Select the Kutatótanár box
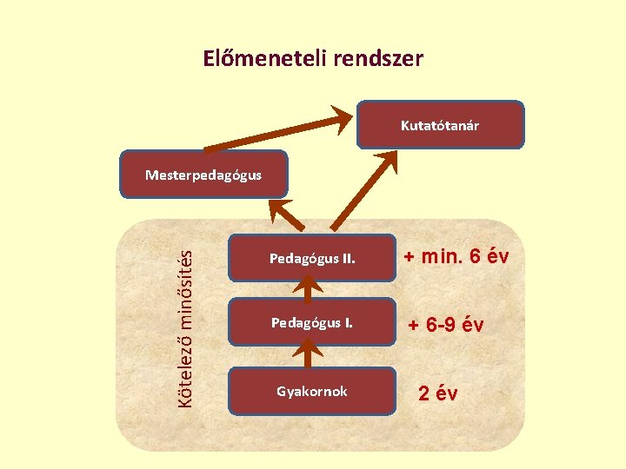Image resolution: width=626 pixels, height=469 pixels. (440, 126)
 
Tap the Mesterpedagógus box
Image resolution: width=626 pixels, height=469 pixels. (203, 175)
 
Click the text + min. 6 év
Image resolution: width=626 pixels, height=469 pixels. (455, 257)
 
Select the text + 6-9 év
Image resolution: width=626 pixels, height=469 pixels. (446, 325)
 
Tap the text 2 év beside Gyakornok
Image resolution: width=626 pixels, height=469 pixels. (437, 393)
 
